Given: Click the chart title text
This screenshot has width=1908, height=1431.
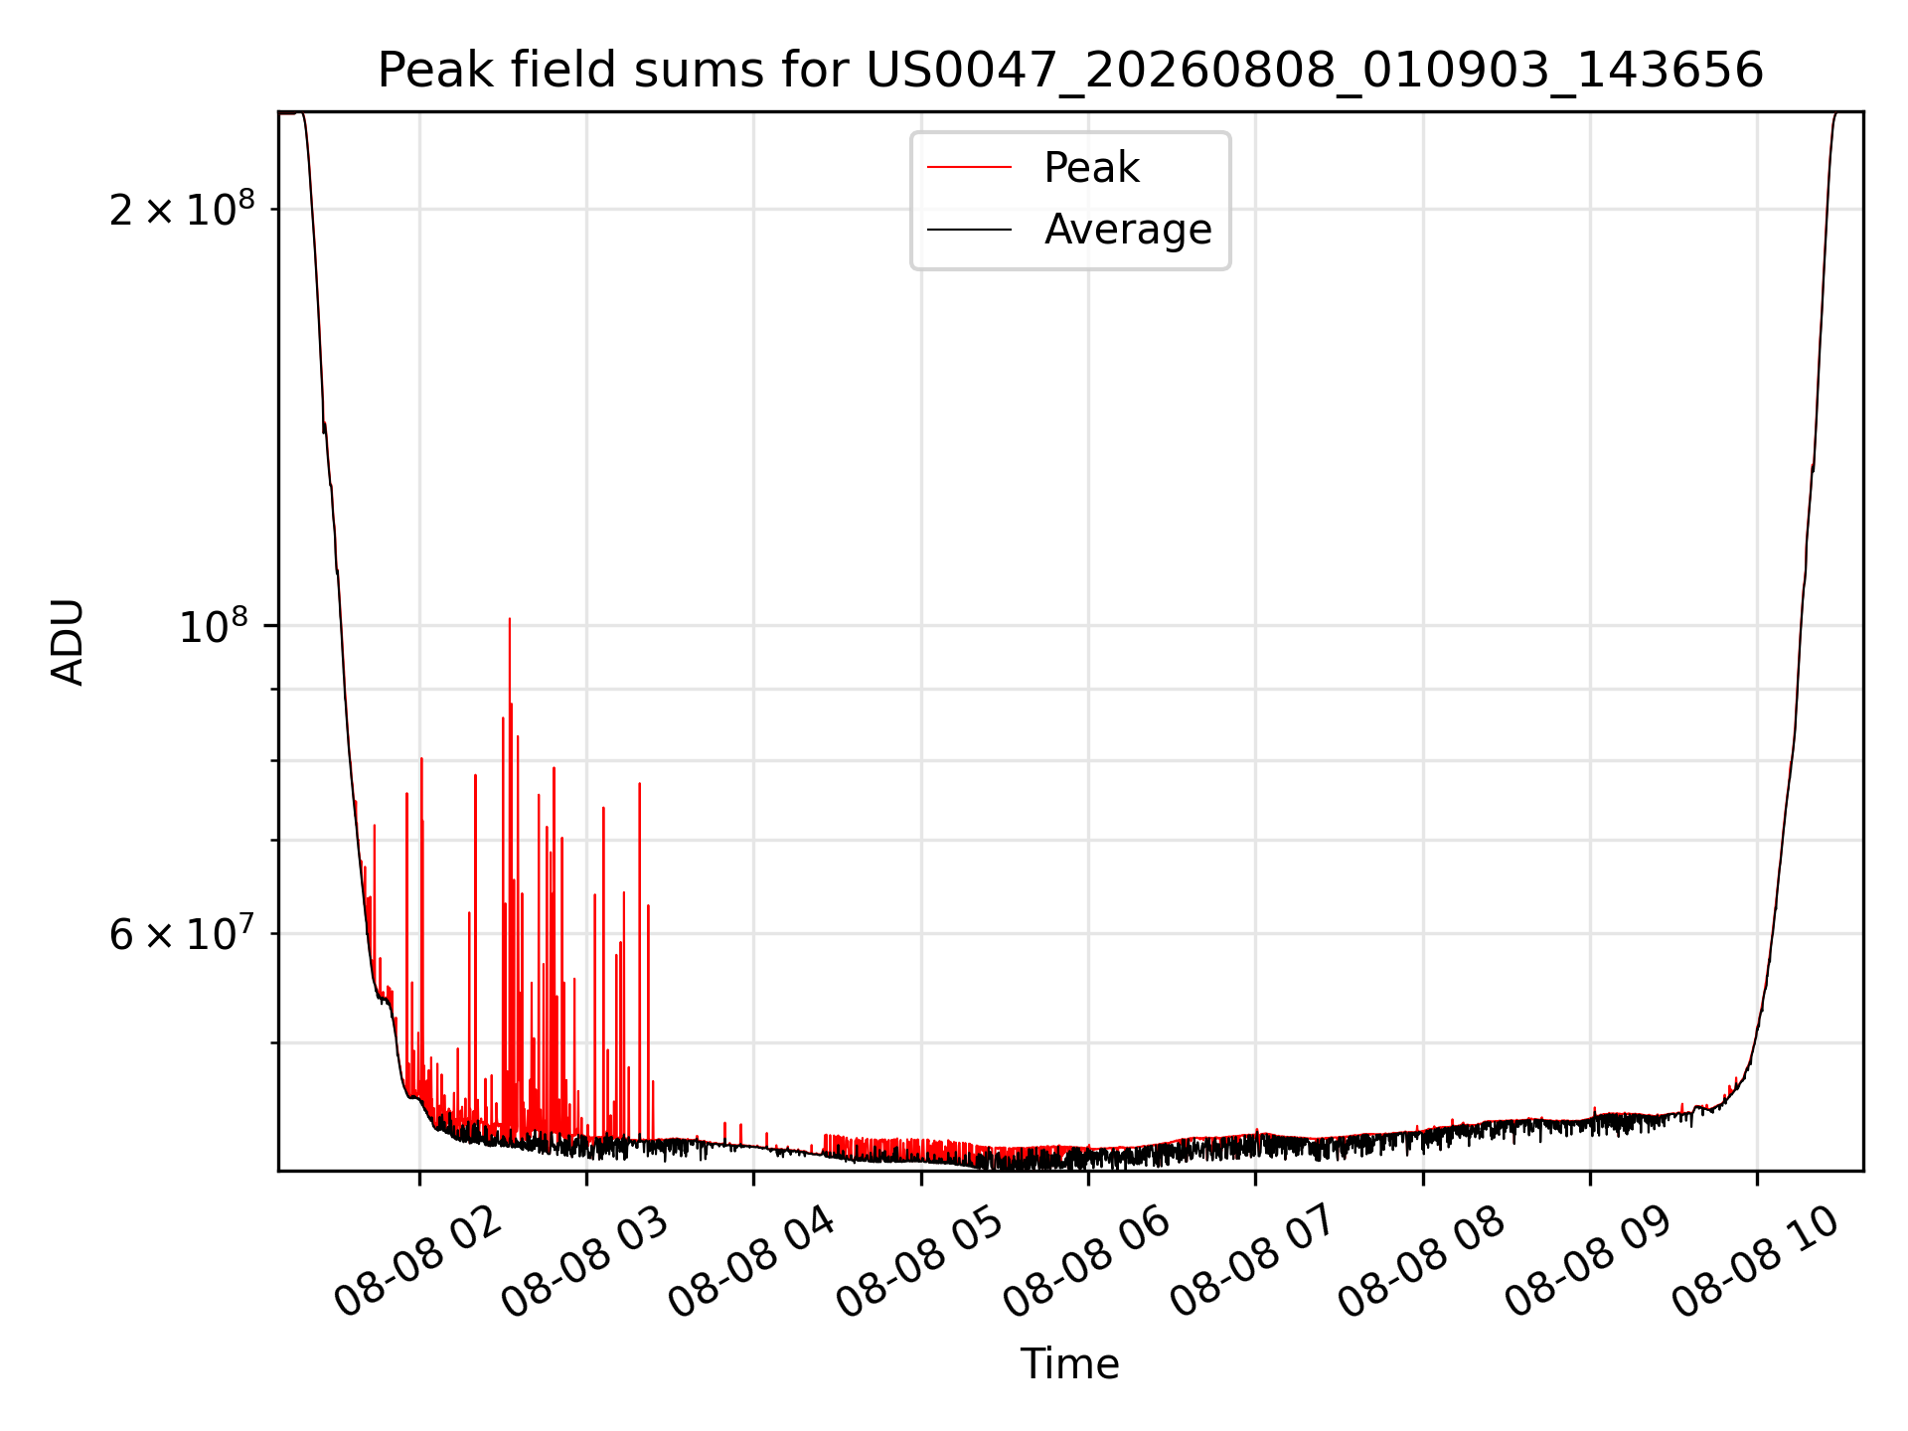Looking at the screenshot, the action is tap(1070, 71).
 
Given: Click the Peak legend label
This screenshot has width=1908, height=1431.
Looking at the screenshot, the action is tap(1091, 168).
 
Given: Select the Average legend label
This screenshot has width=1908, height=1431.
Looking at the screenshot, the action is tap(1128, 230).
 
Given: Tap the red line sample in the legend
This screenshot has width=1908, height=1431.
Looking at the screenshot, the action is tap(969, 168).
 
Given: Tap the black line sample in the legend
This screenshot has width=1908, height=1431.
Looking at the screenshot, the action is tap(969, 230).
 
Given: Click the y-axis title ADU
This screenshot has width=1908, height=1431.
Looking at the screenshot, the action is tap(68, 642).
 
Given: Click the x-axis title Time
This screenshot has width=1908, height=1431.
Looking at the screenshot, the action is tap(1069, 1364).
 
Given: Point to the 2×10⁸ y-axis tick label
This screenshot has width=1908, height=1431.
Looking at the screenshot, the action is tap(182, 209).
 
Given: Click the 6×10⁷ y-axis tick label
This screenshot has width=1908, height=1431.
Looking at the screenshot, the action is tap(182, 934).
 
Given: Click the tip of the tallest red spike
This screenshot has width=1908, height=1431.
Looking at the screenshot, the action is tap(510, 619).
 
